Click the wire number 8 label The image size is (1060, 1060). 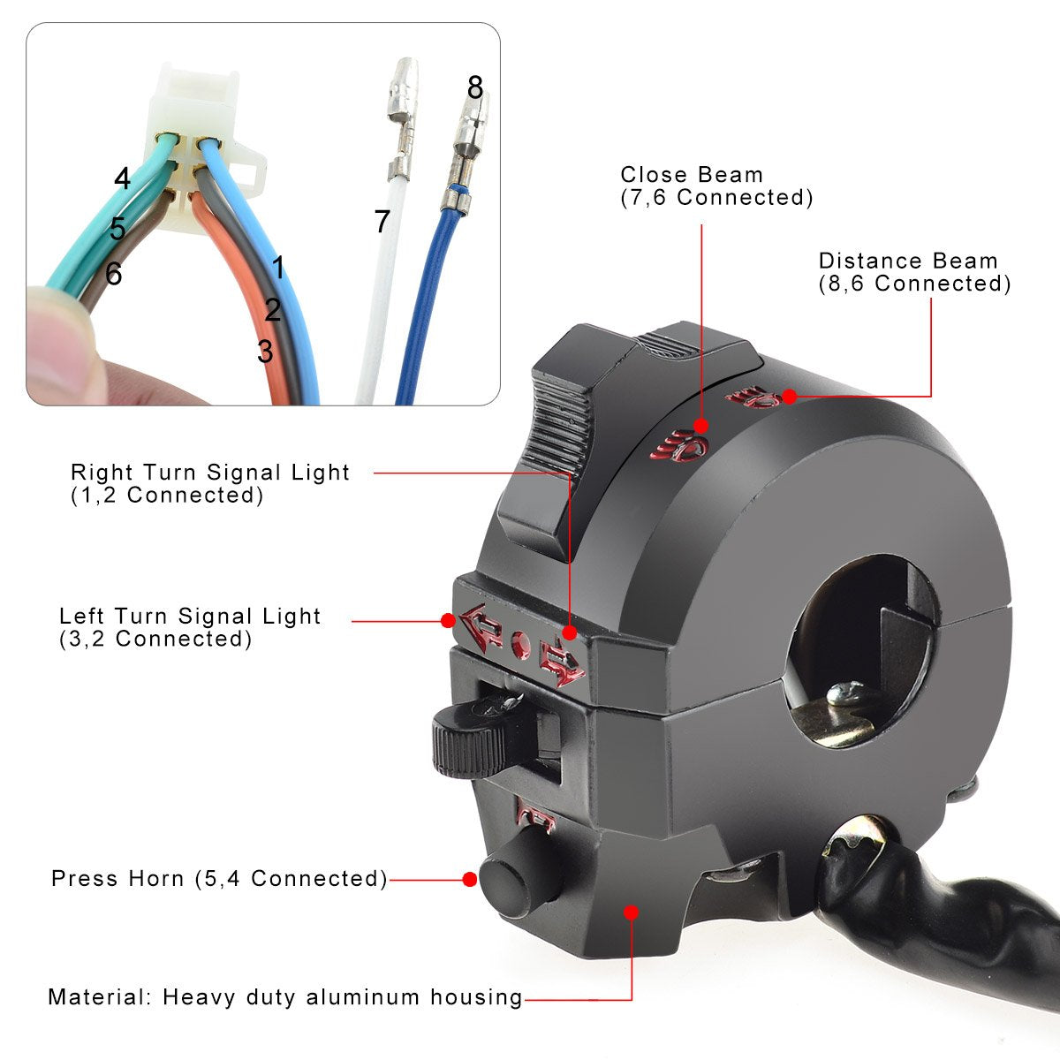point(475,87)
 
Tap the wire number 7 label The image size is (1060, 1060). point(382,221)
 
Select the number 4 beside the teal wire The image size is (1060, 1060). point(122,178)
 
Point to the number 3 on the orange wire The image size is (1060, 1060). point(265,351)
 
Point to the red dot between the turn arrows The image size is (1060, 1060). point(521,644)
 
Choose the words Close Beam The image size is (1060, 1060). point(692,175)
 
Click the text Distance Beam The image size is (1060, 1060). point(908,261)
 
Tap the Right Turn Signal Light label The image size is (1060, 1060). point(210,473)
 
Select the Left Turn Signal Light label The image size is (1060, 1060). point(190,616)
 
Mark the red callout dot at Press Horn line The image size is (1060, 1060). point(469,880)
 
